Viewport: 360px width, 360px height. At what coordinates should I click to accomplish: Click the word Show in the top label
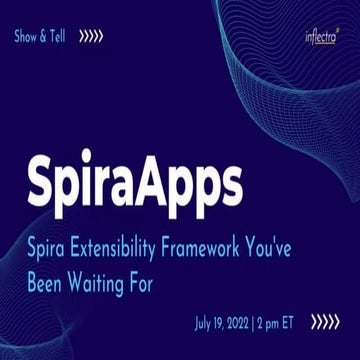point(27,37)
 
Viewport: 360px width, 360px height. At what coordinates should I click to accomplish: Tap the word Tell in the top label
point(63,37)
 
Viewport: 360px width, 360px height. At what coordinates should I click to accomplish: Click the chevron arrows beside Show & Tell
point(92,37)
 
